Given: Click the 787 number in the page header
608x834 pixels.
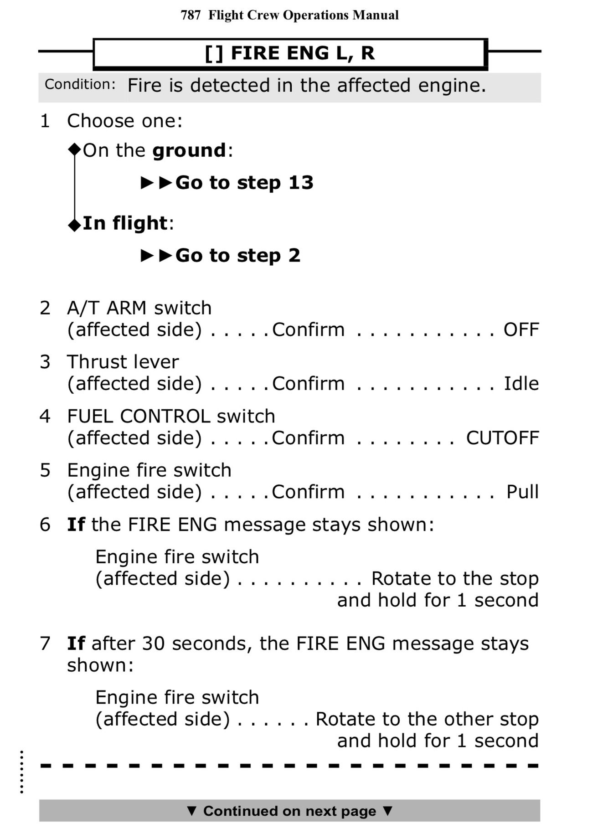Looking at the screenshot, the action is click(191, 15).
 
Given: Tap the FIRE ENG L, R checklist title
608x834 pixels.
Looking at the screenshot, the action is click(290, 53).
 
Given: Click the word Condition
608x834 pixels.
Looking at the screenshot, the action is click(80, 84).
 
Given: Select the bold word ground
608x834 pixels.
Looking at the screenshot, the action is click(189, 151).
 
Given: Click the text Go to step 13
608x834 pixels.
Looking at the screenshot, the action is click(244, 183).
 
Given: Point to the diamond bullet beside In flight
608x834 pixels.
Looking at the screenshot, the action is click(74, 225).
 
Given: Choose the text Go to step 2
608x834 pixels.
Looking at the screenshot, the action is click(237, 256).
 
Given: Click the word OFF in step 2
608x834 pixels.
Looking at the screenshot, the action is click(521, 330).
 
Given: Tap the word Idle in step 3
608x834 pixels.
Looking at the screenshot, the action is click(521, 384).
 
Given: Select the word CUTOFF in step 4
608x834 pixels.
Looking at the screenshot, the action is click(502, 438).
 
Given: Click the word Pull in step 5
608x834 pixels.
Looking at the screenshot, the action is click(522, 492).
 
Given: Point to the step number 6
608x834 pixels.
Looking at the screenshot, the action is click(45, 525).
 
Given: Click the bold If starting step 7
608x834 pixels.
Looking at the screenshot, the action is click(76, 644).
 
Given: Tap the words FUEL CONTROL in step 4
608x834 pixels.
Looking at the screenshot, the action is click(139, 417).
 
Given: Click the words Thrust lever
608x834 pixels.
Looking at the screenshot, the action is click(123, 362).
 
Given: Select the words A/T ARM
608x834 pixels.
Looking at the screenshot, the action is click(107, 309).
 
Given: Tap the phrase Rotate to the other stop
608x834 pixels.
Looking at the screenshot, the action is click(427, 720).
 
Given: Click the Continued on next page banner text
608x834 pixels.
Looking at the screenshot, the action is click(289, 811).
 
